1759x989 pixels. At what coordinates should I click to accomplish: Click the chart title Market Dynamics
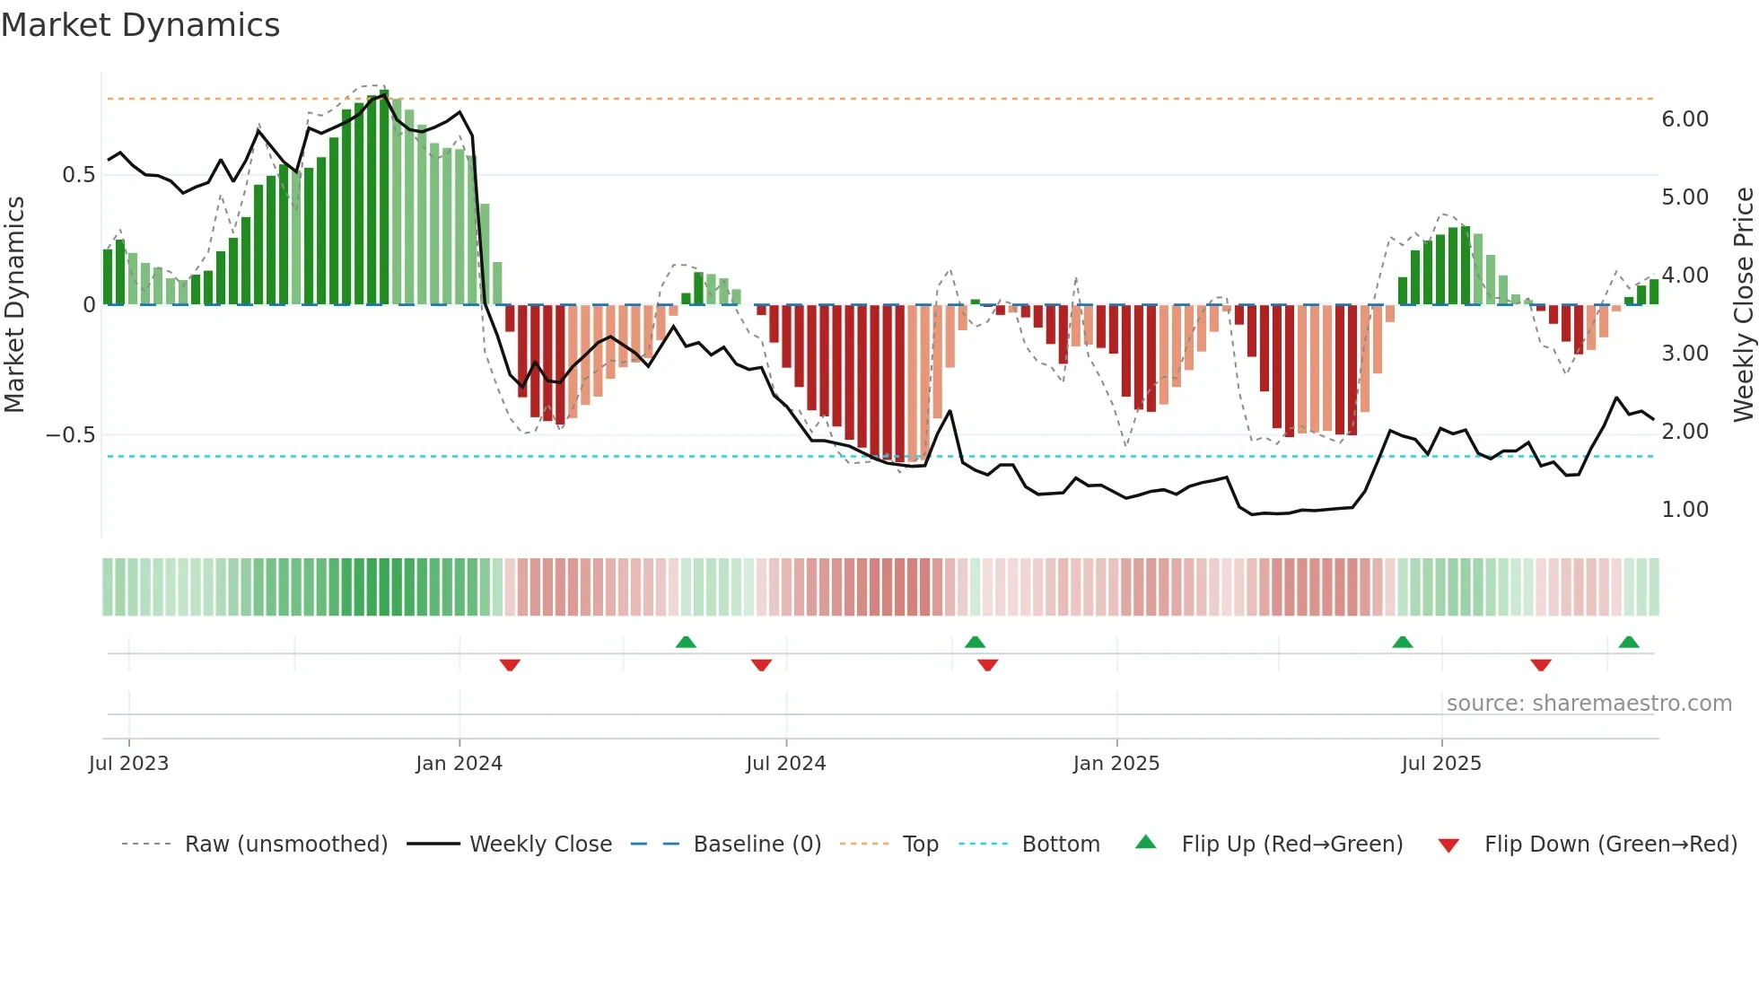pyautogui.click(x=140, y=25)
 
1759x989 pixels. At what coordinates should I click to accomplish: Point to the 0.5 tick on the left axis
pyautogui.click(x=78, y=175)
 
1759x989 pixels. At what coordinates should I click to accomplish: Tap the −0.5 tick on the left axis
pyautogui.click(x=71, y=435)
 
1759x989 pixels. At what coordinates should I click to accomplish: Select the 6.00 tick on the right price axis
pyautogui.click(x=1685, y=119)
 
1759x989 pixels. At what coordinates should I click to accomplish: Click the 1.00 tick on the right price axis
pyautogui.click(x=1685, y=510)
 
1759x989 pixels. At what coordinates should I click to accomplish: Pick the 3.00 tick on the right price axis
pyautogui.click(x=1685, y=354)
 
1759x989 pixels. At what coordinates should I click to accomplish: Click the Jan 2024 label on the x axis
pyautogui.click(x=459, y=764)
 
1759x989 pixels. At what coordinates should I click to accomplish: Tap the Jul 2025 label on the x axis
pyautogui.click(x=1440, y=764)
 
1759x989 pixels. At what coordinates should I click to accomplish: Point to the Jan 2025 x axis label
pyautogui.click(x=1116, y=764)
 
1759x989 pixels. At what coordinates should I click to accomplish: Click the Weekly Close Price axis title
pyautogui.click(x=1743, y=305)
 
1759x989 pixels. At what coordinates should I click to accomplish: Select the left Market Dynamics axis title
pyautogui.click(x=14, y=305)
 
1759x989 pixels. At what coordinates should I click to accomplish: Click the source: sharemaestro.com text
pyautogui.click(x=1588, y=704)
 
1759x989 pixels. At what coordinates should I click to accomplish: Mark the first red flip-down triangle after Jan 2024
pyautogui.click(x=510, y=665)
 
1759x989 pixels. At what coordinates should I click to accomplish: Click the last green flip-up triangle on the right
pyautogui.click(x=1629, y=642)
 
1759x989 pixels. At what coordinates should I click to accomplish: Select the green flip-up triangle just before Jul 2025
pyautogui.click(x=1402, y=642)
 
